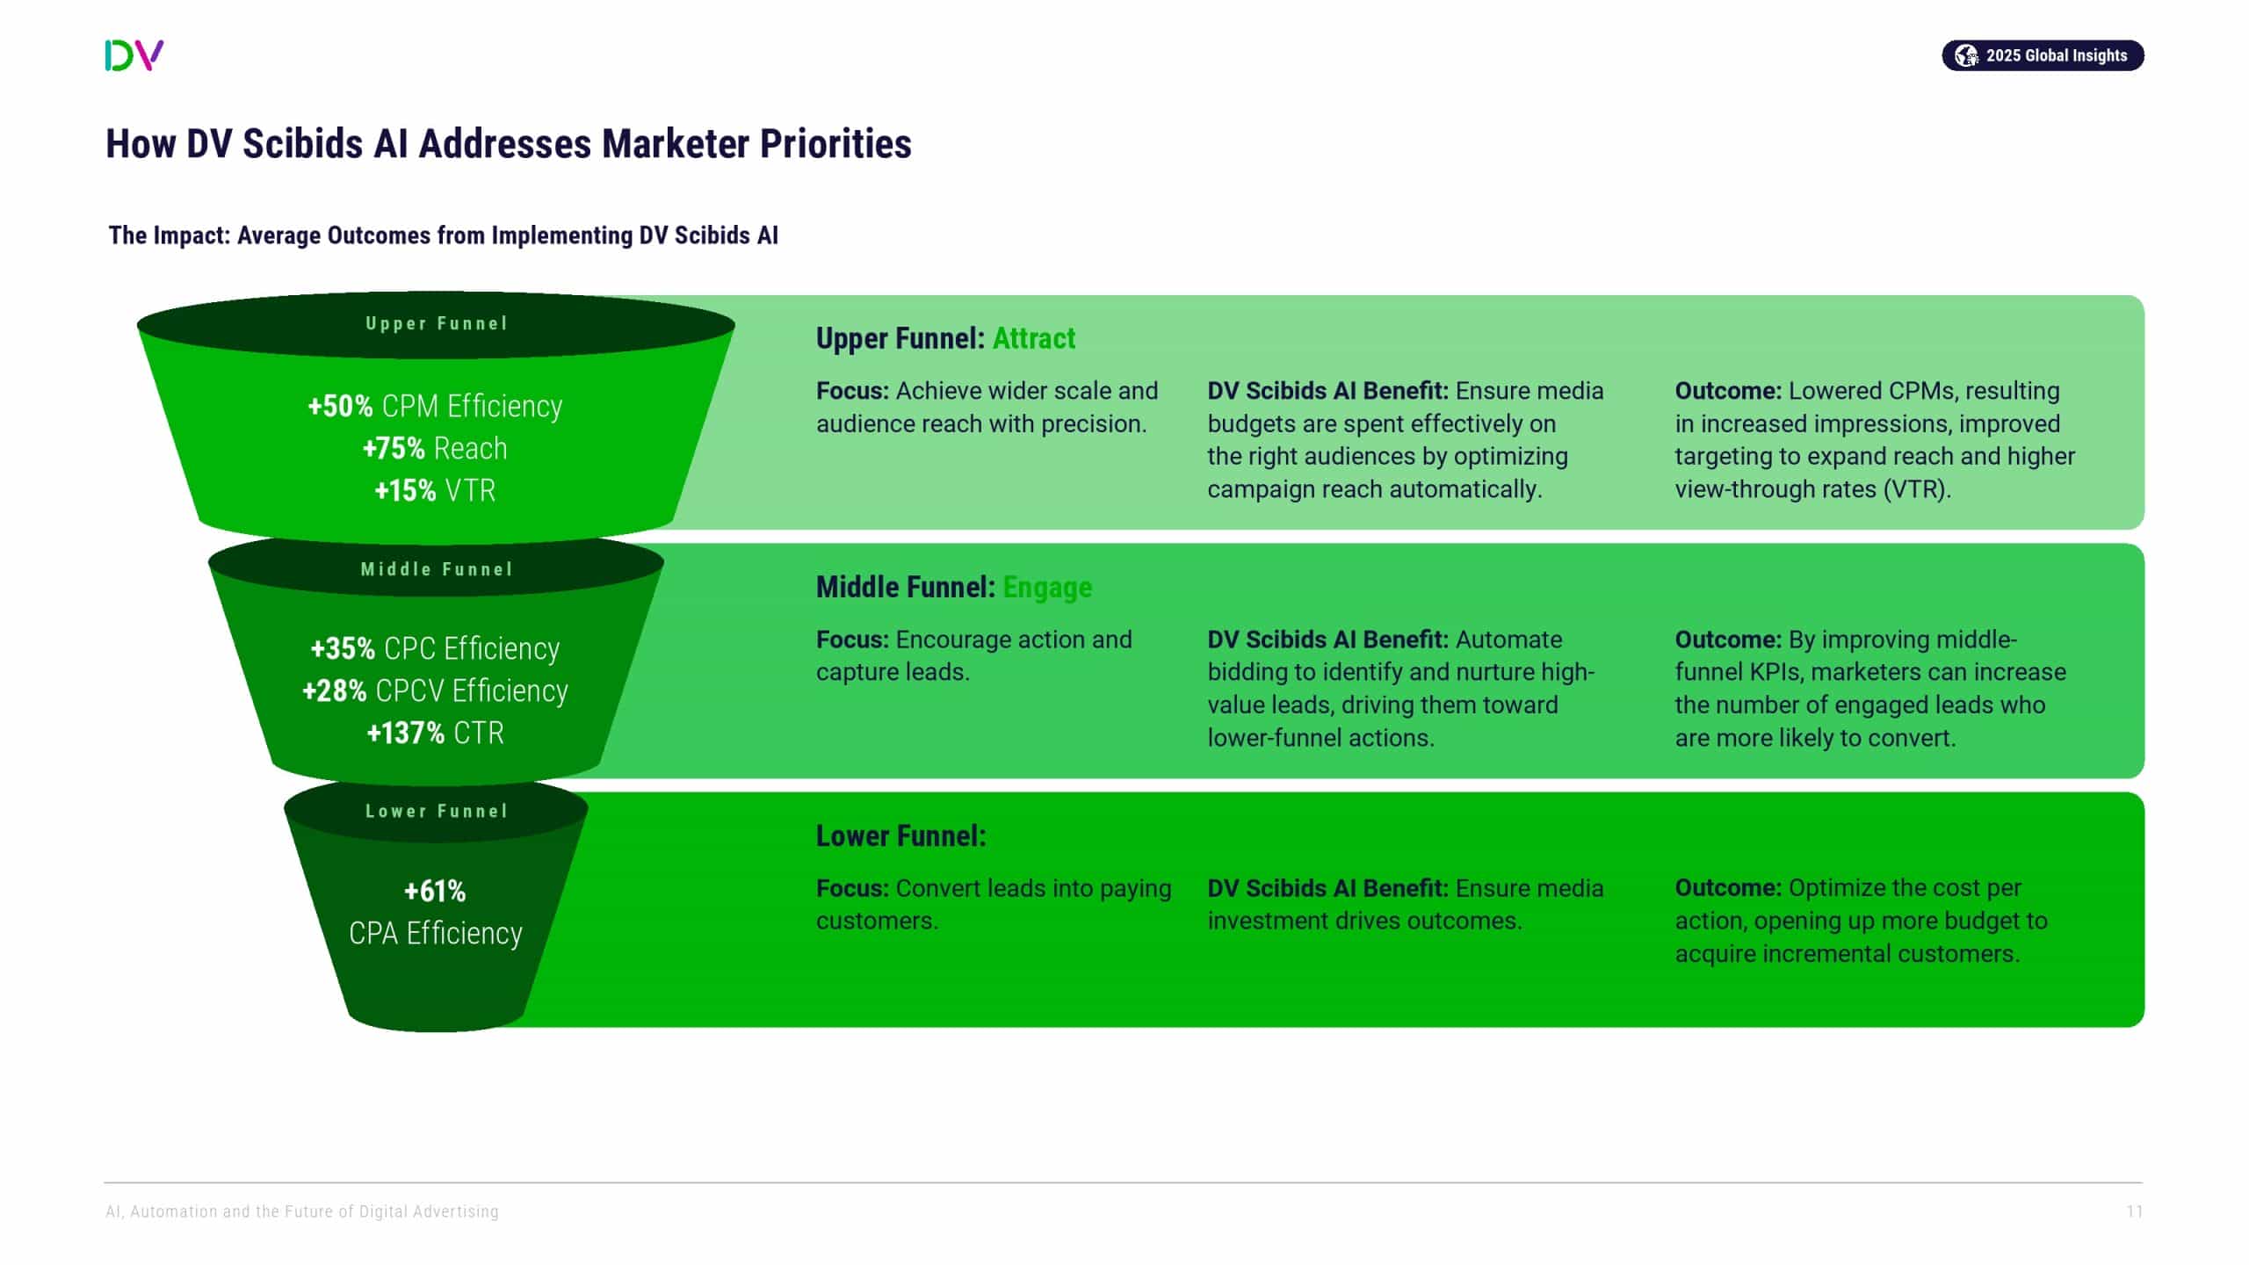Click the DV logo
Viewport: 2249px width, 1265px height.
[134, 55]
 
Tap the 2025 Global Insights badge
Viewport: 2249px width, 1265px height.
[2042, 55]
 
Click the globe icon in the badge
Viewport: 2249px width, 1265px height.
[1965, 55]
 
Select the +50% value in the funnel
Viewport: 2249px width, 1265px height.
[340, 406]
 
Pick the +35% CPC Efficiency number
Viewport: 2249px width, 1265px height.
[343, 648]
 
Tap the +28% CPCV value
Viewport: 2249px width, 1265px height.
[335, 690]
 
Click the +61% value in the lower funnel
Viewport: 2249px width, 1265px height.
[435, 891]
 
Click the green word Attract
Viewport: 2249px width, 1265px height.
[1033, 338]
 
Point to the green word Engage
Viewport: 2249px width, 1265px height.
[1047, 587]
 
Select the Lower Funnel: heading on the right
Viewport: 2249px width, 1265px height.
[900, 835]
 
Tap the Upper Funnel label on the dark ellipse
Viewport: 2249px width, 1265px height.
[437, 323]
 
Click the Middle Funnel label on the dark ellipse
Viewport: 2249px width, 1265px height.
[437, 569]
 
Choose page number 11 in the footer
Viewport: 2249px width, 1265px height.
[2134, 1211]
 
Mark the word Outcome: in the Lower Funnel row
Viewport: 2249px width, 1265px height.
[1728, 888]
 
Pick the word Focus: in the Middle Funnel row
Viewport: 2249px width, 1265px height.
[852, 640]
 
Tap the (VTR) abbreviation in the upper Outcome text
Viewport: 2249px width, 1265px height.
[1917, 489]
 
